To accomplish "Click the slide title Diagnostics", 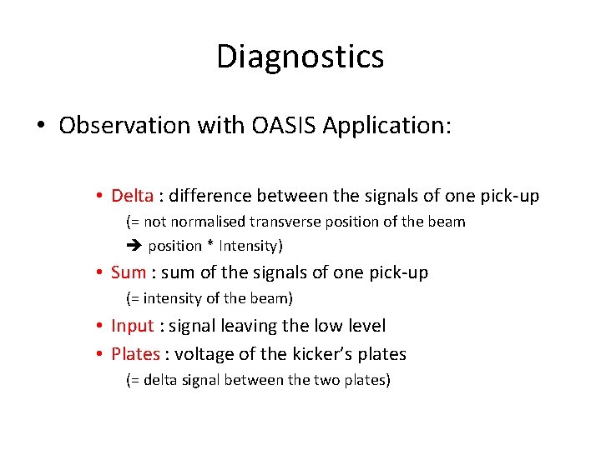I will pos(300,57).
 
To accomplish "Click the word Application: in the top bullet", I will pos(386,126).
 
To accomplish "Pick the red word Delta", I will pos(132,196).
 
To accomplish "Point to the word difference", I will pos(211,196).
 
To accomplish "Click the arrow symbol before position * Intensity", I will pos(134,246).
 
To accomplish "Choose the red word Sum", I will pos(128,272).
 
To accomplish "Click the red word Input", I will pos(132,327).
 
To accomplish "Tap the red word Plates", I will pos(134,354).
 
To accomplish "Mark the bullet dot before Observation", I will pos(40,127).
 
